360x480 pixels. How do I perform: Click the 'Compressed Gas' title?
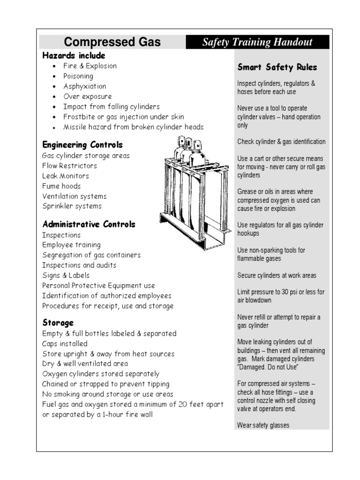click(x=112, y=42)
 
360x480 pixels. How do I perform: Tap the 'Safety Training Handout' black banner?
click(x=257, y=42)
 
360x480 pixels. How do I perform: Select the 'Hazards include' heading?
click(x=74, y=56)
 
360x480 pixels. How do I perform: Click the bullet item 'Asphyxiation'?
click(x=85, y=86)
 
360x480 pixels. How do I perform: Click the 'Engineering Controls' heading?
click(x=82, y=144)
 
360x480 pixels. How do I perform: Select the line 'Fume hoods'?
click(x=61, y=186)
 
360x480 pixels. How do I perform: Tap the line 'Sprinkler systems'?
click(x=72, y=206)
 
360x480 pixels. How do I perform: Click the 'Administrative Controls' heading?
click(x=89, y=224)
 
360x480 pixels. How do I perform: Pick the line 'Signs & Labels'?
click(x=66, y=275)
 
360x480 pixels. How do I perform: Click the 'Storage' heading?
click(x=58, y=323)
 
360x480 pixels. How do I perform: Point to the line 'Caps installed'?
click(x=65, y=344)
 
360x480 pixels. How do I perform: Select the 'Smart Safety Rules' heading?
click(x=277, y=67)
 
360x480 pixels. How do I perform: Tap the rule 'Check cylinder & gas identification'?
click(x=281, y=142)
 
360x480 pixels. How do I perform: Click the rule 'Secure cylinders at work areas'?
click(x=277, y=276)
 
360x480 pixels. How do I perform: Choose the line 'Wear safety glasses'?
click(x=263, y=426)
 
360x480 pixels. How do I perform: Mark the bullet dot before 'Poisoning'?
click(x=55, y=76)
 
